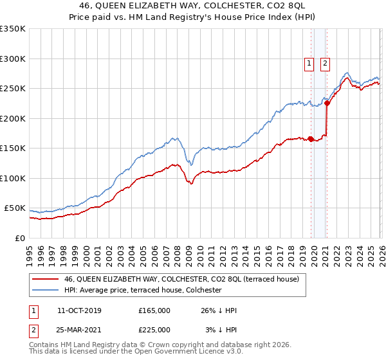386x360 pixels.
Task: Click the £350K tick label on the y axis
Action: click(13, 29)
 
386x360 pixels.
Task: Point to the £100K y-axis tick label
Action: click(13, 178)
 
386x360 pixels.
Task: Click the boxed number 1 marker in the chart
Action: click(309, 63)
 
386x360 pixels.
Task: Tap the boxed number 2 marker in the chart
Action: click(326, 63)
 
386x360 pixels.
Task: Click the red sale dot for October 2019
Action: click(311, 138)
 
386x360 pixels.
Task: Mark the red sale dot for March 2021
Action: click(327, 103)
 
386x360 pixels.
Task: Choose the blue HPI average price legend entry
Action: click(142, 291)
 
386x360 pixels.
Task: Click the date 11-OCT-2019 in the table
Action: click(79, 310)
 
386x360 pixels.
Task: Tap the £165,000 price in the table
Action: click(154, 310)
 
